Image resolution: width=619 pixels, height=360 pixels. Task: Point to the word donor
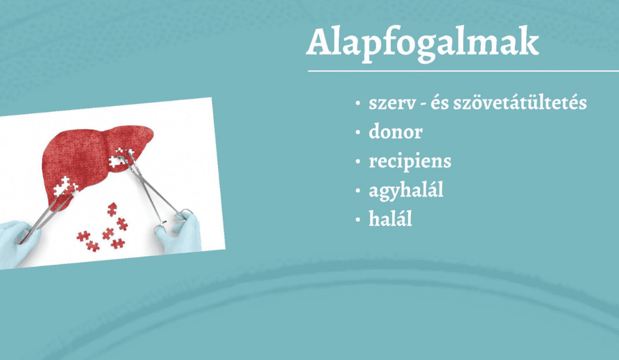click(395, 131)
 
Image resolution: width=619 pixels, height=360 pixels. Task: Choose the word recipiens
click(410, 162)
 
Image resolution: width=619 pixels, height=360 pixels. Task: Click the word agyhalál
click(406, 190)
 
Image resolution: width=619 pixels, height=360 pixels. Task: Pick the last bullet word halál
click(390, 218)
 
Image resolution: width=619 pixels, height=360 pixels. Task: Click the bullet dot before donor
click(358, 132)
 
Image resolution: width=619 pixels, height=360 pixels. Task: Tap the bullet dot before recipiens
click(358, 162)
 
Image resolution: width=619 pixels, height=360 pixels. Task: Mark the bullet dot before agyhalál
click(358, 191)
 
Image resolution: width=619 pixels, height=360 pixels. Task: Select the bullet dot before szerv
click(358, 103)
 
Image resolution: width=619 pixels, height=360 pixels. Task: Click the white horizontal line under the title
click(463, 71)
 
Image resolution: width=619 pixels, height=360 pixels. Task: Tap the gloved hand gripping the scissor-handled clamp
click(179, 233)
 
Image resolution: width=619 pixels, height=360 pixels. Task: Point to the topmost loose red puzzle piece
click(112, 209)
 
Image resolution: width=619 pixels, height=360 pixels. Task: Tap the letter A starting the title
click(319, 42)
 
